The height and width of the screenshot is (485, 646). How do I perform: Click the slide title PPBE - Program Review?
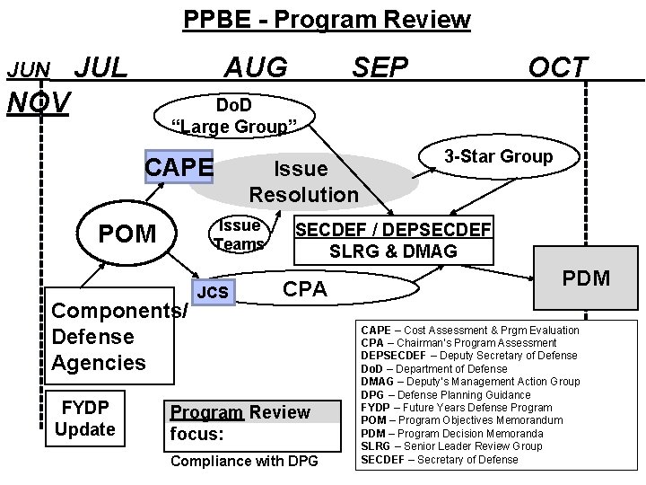tap(327, 19)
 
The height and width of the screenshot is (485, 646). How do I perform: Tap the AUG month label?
tap(257, 66)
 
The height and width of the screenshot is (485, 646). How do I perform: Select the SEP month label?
tap(380, 66)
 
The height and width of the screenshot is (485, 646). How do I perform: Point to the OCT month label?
tap(559, 66)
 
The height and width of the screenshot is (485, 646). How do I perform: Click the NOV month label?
tap(38, 102)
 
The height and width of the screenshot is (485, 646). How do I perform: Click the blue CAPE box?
tap(179, 167)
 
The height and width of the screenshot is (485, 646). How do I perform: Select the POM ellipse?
tap(127, 234)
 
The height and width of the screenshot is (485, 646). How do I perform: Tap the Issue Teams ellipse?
tap(240, 234)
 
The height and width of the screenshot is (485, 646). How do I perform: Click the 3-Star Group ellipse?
tap(499, 157)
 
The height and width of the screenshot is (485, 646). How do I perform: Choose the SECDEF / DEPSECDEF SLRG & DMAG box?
tap(393, 241)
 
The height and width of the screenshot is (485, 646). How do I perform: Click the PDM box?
tap(586, 278)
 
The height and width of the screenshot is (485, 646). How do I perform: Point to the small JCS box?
tap(213, 292)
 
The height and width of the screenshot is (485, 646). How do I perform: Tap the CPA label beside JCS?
tap(305, 289)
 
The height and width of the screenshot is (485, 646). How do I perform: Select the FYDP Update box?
tap(85, 419)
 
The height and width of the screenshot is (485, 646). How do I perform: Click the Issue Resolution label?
tap(302, 181)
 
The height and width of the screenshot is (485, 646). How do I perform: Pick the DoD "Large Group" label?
tap(233, 116)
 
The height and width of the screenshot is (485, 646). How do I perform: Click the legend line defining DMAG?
tap(470, 382)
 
